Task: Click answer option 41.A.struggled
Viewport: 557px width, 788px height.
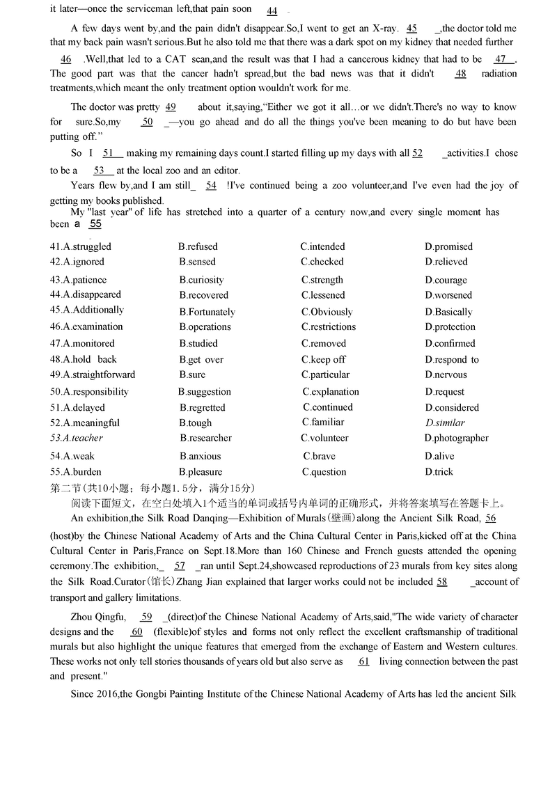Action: click(81, 246)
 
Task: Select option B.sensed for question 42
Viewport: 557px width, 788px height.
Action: click(197, 262)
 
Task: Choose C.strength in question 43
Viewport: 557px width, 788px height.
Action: click(322, 280)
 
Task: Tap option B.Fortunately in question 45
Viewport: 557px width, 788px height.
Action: click(207, 313)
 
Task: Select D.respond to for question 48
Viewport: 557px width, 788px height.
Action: click(452, 360)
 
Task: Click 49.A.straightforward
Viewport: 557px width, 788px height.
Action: click(93, 375)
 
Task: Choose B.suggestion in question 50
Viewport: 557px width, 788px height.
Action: click(205, 392)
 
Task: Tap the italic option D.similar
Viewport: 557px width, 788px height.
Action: click(445, 423)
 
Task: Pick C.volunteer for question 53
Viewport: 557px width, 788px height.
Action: click(324, 438)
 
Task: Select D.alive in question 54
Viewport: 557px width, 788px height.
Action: click(439, 456)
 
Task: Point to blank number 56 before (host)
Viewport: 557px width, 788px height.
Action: click(490, 518)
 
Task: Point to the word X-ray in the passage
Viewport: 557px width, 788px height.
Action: click(382, 29)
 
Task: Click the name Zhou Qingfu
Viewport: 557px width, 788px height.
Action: click(98, 616)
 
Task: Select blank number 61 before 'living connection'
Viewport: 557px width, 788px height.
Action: click(363, 661)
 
